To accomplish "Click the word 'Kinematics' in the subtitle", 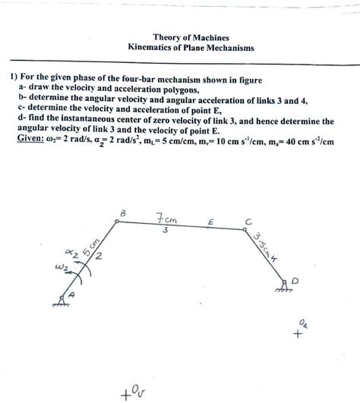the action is [154, 48].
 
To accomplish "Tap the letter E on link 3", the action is [210, 222].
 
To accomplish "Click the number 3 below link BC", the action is [164, 231].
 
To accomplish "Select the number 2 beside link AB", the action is [98, 263].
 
